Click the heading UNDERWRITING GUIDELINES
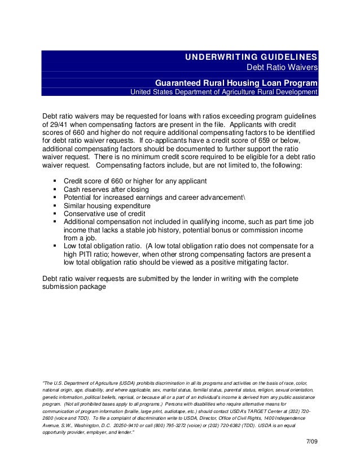click(252, 58)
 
